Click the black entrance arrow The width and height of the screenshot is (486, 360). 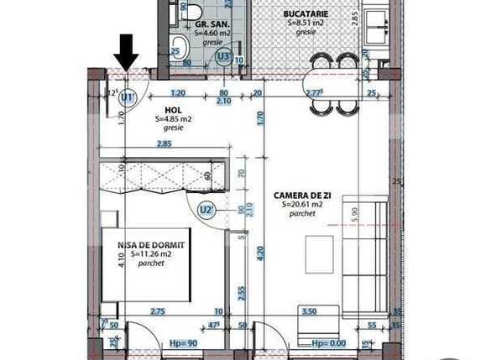coord(127,52)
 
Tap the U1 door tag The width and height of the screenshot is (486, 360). coord(128,97)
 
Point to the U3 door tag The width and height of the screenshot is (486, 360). coord(223,56)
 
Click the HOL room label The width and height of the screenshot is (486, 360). coord(174,110)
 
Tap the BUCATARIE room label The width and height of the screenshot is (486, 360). coord(305,14)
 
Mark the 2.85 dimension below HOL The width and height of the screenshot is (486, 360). coord(165,144)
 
